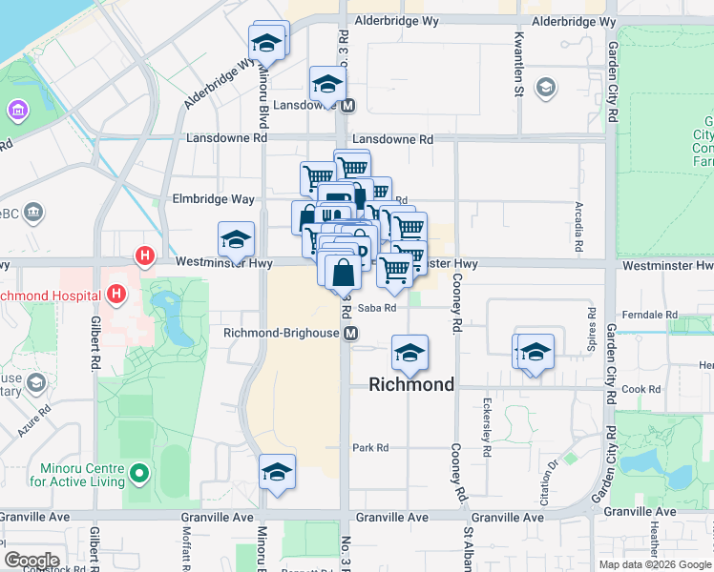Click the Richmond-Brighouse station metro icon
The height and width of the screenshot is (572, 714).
[x=351, y=334]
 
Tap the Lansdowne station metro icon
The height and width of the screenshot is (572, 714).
[x=347, y=106]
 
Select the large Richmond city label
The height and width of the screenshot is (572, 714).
[x=412, y=385]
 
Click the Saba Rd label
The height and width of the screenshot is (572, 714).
[x=377, y=307]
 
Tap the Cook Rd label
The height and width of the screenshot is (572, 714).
[x=640, y=389]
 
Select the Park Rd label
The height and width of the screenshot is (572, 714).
[x=370, y=447]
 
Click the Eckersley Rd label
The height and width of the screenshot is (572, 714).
[x=487, y=427]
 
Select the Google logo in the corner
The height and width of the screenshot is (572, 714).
[x=31, y=561]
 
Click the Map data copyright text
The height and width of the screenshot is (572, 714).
[x=655, y=564]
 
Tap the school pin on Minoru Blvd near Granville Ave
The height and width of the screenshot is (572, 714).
[x=277, y=472]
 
